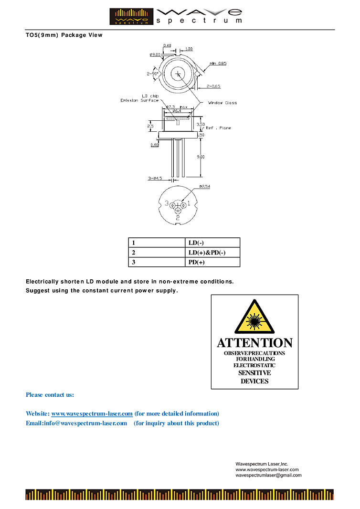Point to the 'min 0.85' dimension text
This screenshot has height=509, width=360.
tap(218, 64)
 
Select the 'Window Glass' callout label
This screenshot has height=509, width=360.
tap(222, 103)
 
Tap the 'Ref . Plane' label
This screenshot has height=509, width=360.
tap(218, 128)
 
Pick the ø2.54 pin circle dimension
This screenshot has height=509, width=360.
tap(205, 187)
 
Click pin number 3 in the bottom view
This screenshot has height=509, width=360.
tap(167, 203)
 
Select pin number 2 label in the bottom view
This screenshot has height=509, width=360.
tap(178, 218)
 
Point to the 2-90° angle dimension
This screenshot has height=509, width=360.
tap(153, 74)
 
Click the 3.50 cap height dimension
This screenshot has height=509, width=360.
tap(201, 124)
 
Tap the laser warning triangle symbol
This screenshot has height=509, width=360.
tap(254, 318)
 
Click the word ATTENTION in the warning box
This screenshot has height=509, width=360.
tap(254, 343)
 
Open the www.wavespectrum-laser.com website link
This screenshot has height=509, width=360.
tap(92, 414)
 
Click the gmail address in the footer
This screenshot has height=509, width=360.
tap(268, 475)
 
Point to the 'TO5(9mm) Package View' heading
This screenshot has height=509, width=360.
tap(64, 35)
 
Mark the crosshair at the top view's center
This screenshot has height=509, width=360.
tap(179, 74)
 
